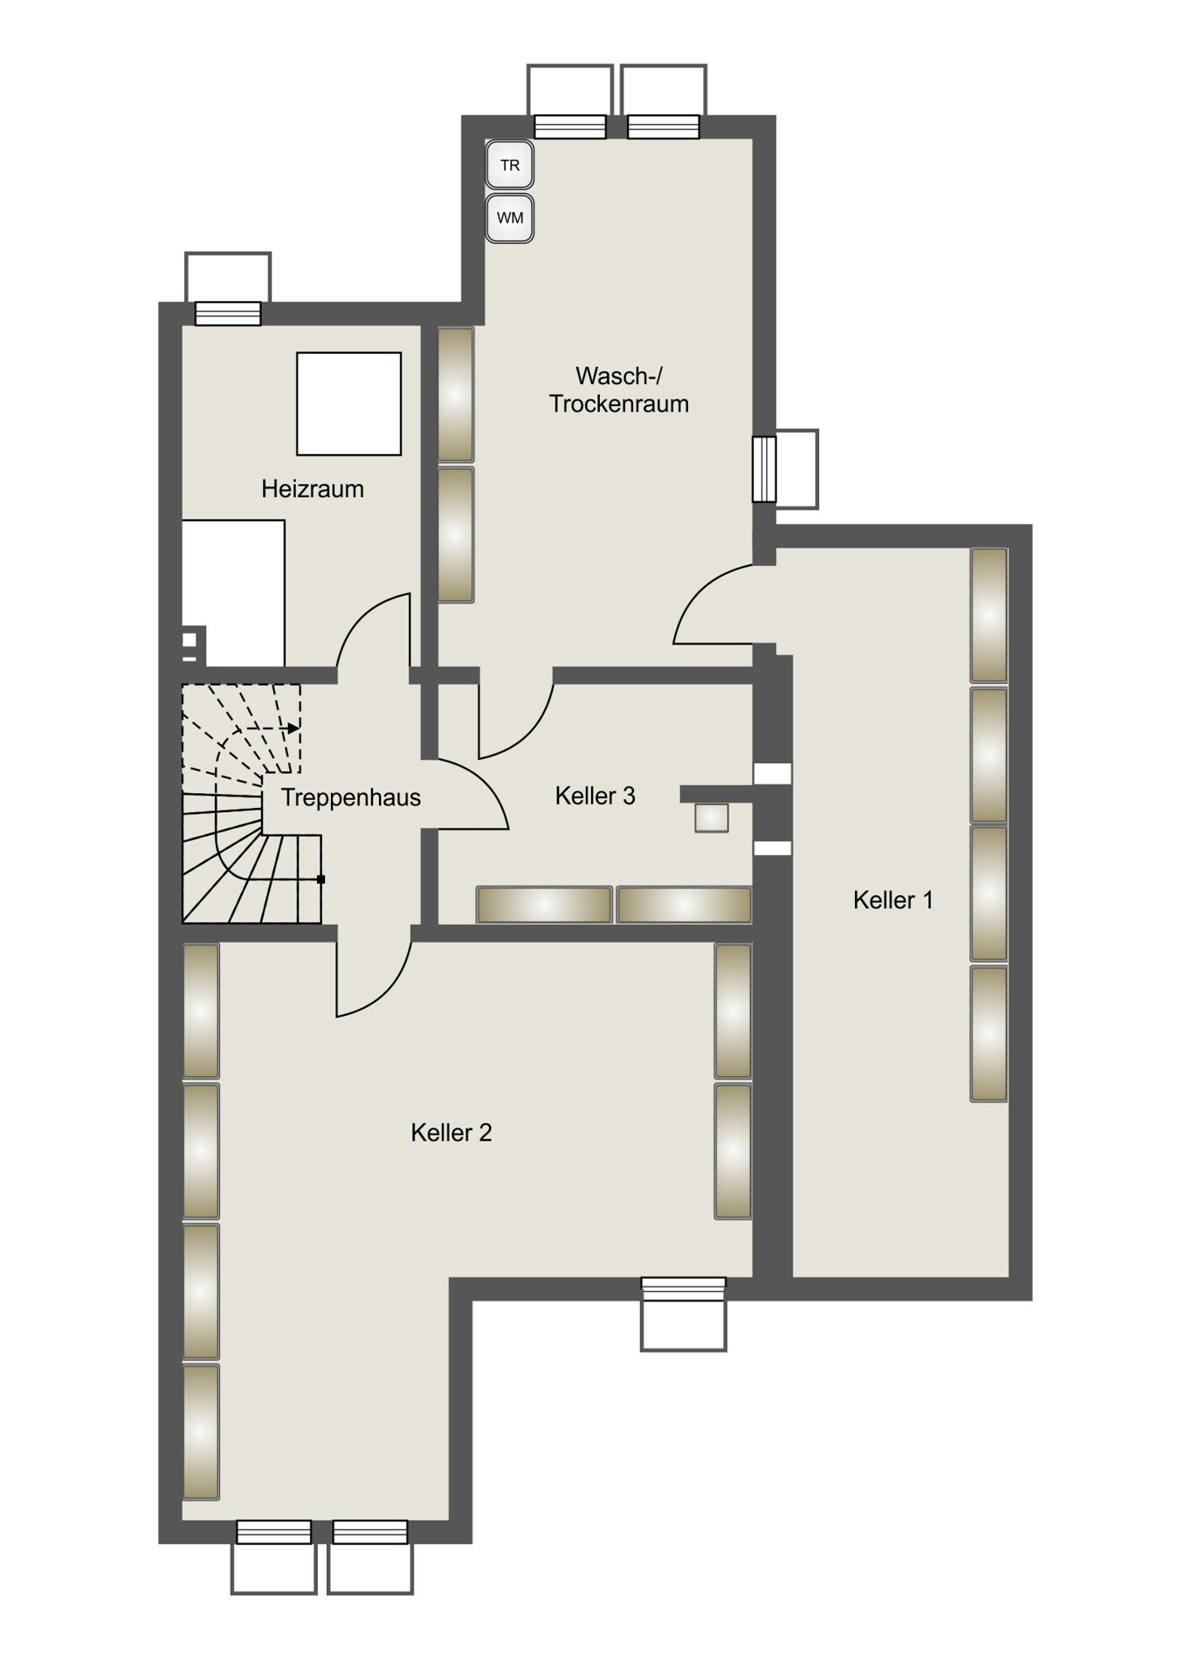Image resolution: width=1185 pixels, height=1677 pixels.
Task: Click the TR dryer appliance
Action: [509, 164]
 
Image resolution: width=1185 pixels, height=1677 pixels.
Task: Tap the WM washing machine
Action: [509, 217]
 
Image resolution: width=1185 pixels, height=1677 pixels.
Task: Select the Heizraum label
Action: [313, 488]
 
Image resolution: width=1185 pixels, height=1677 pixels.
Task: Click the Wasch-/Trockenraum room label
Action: [619, 390]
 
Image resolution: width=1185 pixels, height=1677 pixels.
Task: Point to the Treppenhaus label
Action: [351, 797]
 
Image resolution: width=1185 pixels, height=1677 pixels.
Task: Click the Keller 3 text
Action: [596, 796]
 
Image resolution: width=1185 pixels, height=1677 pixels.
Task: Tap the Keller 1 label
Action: [893, 900]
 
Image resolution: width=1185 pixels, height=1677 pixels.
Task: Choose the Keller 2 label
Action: [451, 1133]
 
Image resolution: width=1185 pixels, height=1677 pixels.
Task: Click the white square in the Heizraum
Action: [348, 404]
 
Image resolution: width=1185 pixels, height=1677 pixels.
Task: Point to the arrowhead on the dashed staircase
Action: [294, 728]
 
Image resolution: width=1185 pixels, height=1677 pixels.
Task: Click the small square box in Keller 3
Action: [712, 818]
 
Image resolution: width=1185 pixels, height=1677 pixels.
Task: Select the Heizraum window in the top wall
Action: [228, 313]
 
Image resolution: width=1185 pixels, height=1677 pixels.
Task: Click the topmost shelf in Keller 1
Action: [989, 615]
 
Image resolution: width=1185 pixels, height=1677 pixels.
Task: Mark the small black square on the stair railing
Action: [320, 880]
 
